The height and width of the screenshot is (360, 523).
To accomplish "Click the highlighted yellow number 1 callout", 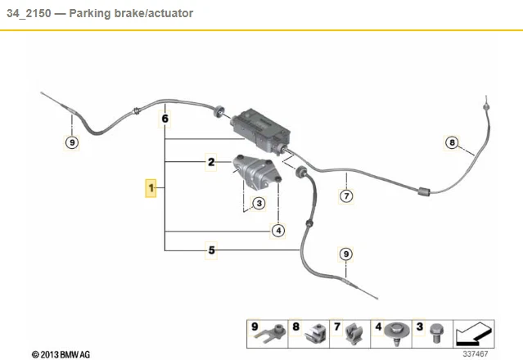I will pos(151,189).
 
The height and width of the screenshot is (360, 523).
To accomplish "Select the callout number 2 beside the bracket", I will pos(211,163).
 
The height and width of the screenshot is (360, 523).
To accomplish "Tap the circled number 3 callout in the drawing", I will pos(258,203).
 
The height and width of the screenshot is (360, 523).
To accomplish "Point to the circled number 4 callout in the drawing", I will pos(278,231).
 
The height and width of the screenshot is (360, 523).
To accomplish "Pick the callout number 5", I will pos(211,250).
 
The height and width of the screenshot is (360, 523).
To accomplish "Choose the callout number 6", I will pos(165,119).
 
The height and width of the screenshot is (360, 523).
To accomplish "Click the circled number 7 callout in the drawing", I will pos(346,196).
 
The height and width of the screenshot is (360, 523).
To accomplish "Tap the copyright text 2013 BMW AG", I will pos(61,354).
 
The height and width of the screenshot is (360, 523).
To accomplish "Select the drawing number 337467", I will pos(475,354).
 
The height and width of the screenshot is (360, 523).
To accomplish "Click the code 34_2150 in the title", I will pos(27,15).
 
